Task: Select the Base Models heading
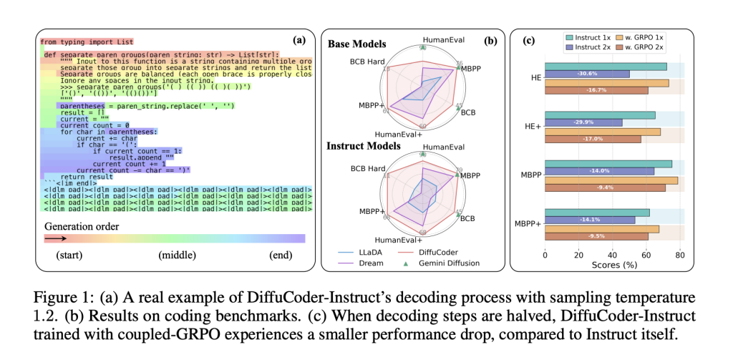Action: (x=356, y=44)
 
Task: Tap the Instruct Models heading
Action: (x=363, y=145)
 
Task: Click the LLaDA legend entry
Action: (x=366, y=252)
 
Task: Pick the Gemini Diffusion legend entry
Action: (x=447, y=263)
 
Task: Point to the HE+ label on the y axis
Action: (x=530, y=126)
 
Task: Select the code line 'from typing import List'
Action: (x=86, y=42)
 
